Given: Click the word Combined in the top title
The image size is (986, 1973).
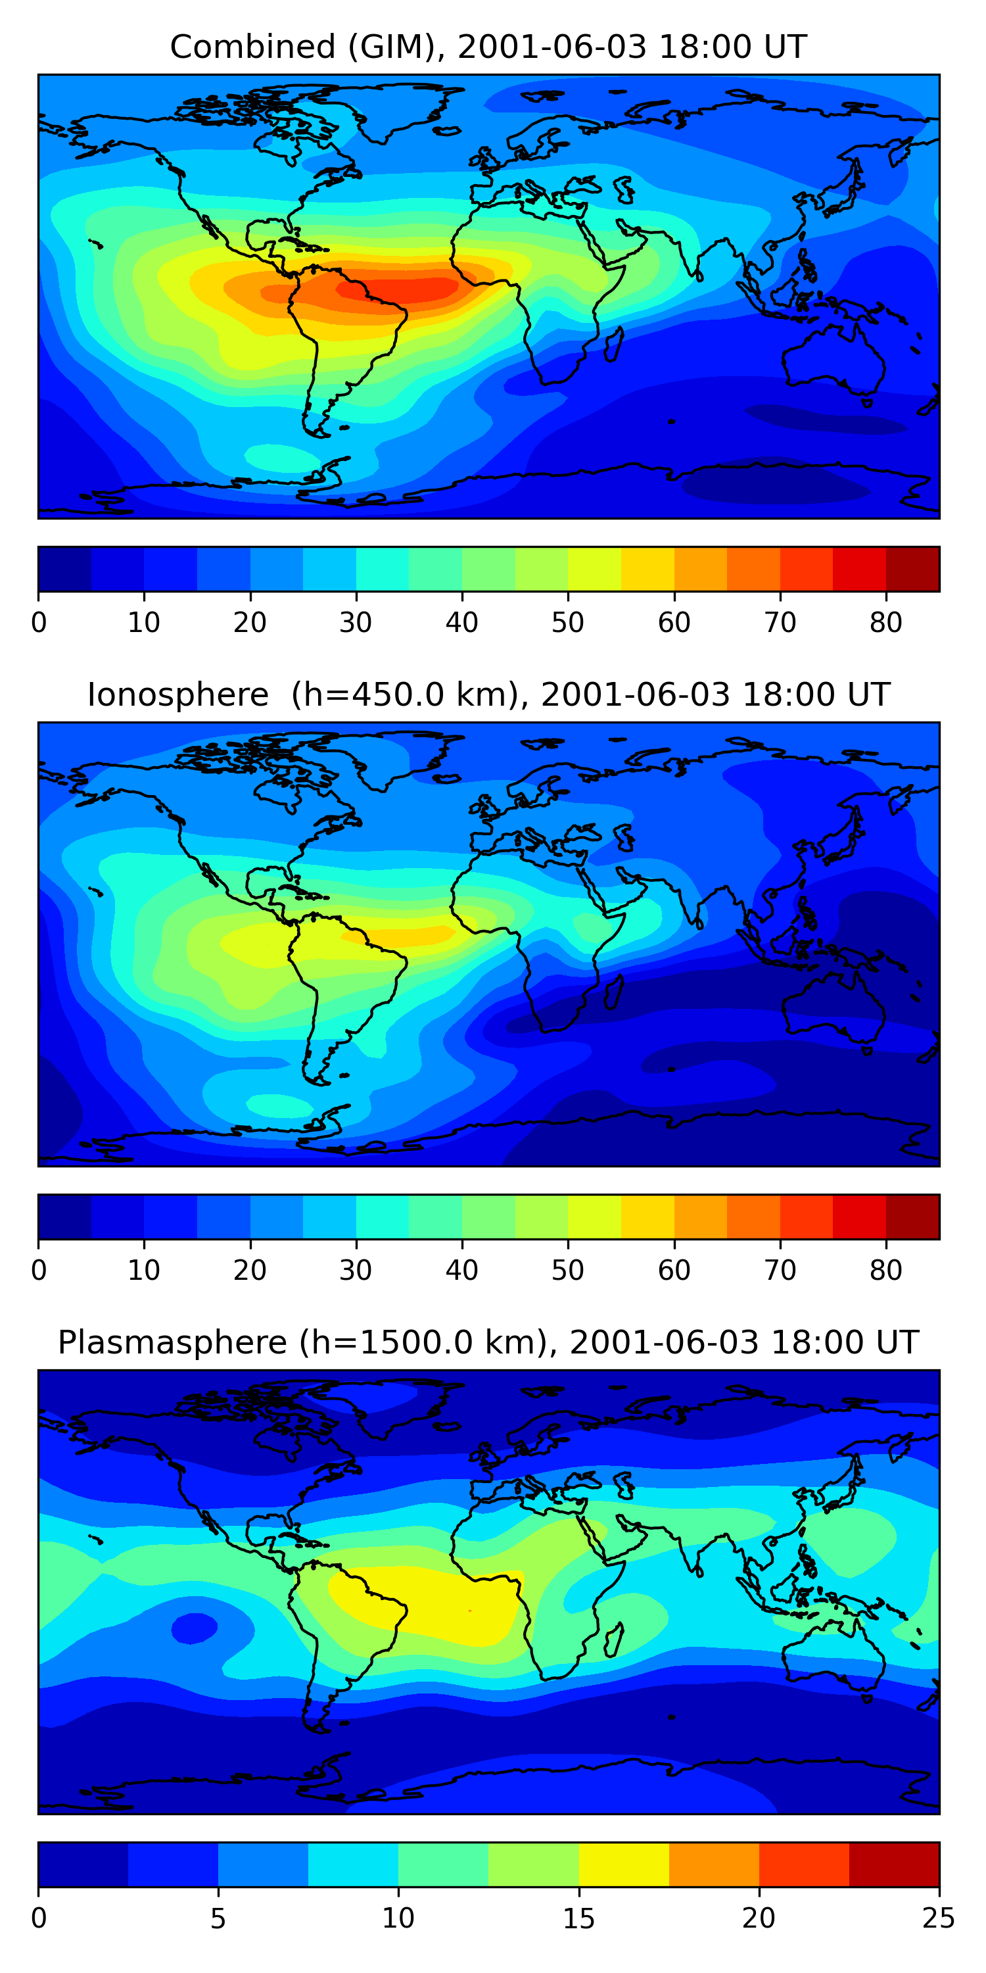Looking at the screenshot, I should pyautogui.click(x=252, y=47).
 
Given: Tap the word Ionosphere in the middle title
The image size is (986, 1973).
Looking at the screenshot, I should pyautogui.click(x=177, y=694).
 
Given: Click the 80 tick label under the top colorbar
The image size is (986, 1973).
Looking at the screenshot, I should pyautogui.click(x=885, y=623).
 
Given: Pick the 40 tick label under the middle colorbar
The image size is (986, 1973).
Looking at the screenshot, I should pyautogui.click(x=461, y=1270).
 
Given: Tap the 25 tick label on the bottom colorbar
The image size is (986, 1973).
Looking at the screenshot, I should pyautogui.click(x=939, y=1918).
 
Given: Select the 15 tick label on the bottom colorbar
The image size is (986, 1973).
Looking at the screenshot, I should pyautogui.click(x=578, y=1918).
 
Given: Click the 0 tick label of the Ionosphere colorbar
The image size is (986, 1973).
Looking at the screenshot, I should pyautogui.click(x=39, y=1270).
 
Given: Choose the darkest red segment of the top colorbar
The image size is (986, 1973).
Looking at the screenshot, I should pyautogui.click(x=912, y=569).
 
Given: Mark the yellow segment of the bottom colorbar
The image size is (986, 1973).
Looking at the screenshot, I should pyautogui.click(x=624, y=1864).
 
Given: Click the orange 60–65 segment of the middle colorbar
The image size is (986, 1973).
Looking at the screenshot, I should pyautogui.click(x=701, y=1216).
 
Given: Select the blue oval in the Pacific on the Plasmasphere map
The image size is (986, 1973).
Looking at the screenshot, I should pyautogui.click(x=195, y=1628).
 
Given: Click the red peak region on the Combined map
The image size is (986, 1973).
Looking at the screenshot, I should pyautogui.click(x=398, y=289).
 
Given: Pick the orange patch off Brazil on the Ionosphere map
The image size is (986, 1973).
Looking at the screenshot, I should pyautogui.click(x=398, y=935).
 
